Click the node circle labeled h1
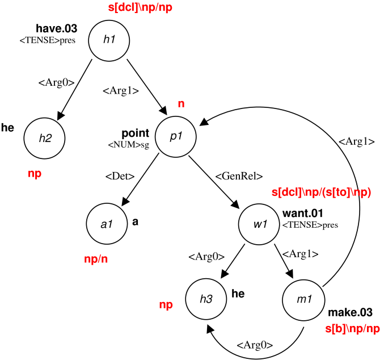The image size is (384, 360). (109, 39)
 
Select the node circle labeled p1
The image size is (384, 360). (175, 137)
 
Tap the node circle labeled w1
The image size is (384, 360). (259, 224)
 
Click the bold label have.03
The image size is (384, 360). (56, 28)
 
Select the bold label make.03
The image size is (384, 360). (350, 312)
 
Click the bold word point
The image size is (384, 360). (135, 133)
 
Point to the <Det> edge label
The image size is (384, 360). (120, 176)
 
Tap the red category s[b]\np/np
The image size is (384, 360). (352, 328)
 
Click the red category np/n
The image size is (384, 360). (96, 259)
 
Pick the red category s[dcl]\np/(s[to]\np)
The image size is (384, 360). (322, 193)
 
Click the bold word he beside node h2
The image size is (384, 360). (8, 128)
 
